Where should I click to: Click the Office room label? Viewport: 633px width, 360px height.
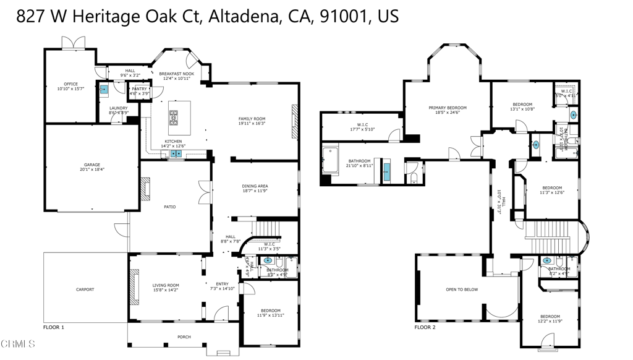tap(71, 84)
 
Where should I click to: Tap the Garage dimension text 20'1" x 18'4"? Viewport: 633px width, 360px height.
tap(92, 169)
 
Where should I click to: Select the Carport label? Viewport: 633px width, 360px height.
tap(85, 289)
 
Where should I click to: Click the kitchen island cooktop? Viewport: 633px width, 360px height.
tap(174, 116)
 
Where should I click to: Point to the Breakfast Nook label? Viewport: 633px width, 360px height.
tap(177, 74)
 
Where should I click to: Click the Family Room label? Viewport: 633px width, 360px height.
tap(252, 119)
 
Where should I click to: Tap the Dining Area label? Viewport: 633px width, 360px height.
tap(255, 186)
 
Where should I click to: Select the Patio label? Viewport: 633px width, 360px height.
tap(169, 207)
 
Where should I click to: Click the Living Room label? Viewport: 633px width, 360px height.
tap(165, 285)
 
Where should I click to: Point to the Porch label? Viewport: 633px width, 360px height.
tap(184, 337)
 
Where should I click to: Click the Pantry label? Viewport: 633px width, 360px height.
tap(139, 89)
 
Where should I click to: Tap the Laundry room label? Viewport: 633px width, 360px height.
tap(118, 108)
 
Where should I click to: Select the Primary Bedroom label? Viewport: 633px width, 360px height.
tap(448, 108)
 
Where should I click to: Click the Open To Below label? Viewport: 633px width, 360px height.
tap(462, 289)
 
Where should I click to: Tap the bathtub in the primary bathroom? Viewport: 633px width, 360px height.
tap(331, 160)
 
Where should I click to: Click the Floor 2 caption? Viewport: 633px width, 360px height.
tap(425, 327)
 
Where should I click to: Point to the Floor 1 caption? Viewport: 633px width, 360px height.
tap(54, 327)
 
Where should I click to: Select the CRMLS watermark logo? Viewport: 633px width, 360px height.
tap(18, 344)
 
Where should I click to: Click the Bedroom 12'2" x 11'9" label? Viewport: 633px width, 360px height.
tap(550, 316)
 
